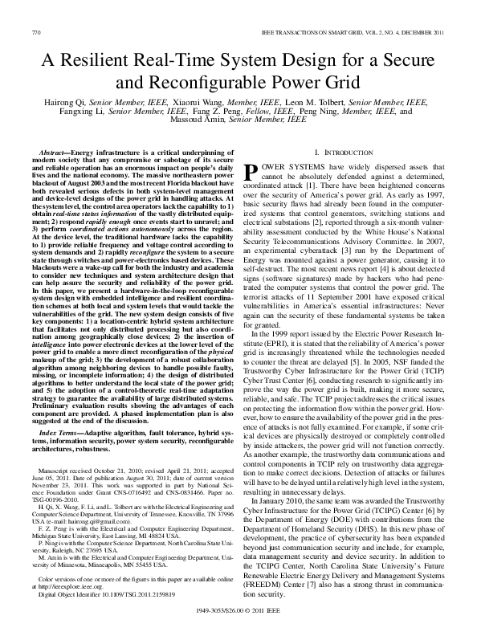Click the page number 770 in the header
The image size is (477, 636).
[35, 31]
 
